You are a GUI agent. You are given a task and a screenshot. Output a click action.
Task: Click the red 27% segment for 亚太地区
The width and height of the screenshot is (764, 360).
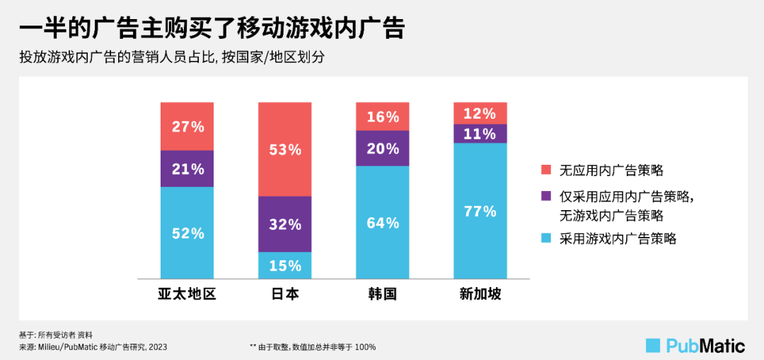pyautogui.click(x=187, y=127)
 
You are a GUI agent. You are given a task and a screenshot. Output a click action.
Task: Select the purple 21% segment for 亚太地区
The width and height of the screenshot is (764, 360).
pyautogui.click(x=187, y=169)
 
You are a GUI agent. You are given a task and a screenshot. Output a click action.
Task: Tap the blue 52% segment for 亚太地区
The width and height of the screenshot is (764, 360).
pyautogui.click(x=187, y=233)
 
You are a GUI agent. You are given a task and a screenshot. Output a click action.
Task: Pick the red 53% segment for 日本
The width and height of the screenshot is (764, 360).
pyautogui.click(x=284, y=149)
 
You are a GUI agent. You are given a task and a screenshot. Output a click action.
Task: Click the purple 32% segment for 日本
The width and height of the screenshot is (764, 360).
pyautogui.click(x=284, y=224)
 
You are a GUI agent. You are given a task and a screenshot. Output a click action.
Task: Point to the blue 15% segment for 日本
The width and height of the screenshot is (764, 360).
pyautogui.click(x=284, y=265)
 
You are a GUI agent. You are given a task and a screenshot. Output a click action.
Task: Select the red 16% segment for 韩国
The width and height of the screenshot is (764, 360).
pyautogui.click(x=383, y=117)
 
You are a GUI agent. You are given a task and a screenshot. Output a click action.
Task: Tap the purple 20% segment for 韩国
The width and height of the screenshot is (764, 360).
pyautogui.click(x=383, y=149)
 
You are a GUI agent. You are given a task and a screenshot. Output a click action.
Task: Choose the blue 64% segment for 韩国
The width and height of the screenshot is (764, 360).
pyautogui.click(x=383, y=223)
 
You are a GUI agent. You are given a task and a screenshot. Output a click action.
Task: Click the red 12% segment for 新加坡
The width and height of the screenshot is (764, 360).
pyautogui.click(x=480, y=113)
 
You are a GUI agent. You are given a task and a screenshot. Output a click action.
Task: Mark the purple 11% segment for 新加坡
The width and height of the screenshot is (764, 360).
pyautogui.click(x=480, y=134)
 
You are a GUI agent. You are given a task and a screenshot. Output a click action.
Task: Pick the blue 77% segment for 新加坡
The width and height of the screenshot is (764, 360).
pyautogui.click(x=480, y=211)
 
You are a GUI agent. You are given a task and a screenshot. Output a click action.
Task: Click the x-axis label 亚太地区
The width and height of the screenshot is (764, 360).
pyautogui.click(x=187, y=294)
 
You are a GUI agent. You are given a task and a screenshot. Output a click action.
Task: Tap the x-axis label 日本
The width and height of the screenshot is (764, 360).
pyautogui.click(x=284, y=294)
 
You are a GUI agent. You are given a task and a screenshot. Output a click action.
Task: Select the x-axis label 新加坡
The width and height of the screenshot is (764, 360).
pyautogui.click(x=480, y=294)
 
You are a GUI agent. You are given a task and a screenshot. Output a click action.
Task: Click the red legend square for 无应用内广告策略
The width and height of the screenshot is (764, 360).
pyautogui.click(x=545, y=170)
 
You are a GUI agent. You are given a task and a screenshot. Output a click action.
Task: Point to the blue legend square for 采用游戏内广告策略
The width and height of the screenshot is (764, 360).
pyautogui.click(x=545, y=238)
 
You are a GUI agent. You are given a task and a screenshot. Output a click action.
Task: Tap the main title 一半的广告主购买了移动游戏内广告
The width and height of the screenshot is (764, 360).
pyautogui.click(x=212, y=28)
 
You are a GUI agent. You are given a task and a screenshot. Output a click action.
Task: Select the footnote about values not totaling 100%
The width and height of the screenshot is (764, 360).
pyautogui.click(x=313, y=347)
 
